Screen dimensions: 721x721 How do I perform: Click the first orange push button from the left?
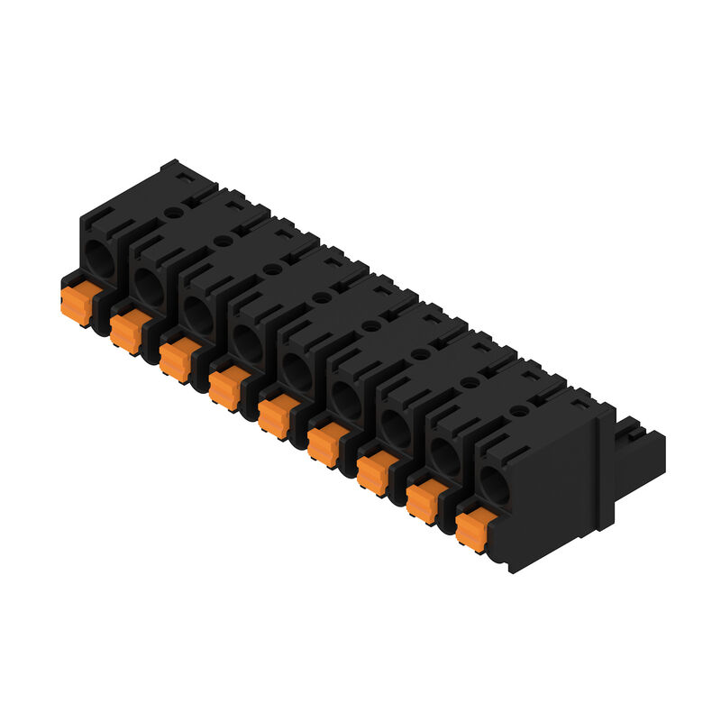tap(77, 302)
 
